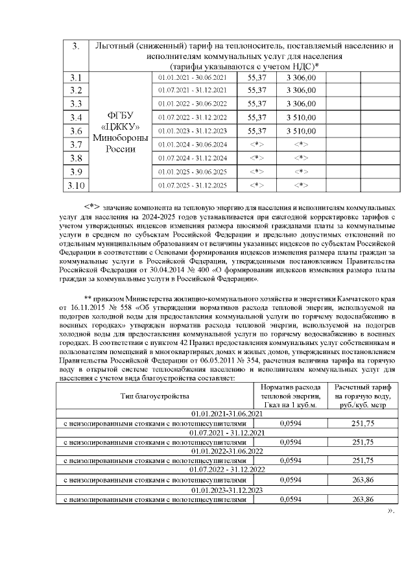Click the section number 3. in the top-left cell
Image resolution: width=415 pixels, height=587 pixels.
click(76, 46)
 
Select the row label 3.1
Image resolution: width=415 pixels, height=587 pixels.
click(76, 78)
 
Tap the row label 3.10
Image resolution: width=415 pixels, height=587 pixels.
click(76, 186)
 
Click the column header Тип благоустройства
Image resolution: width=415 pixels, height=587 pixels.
click(154, 395)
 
